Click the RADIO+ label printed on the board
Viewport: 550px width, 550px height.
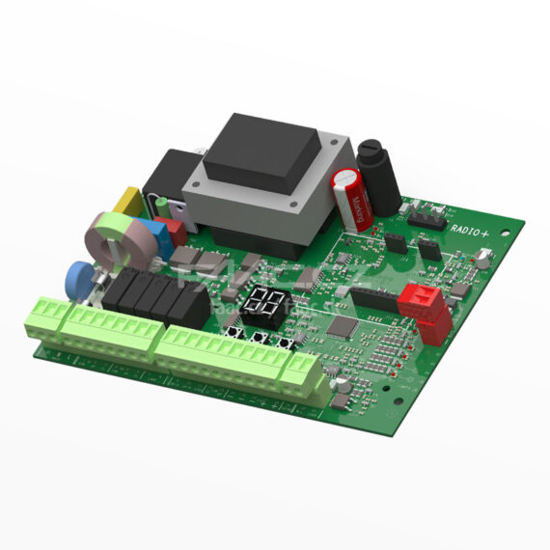(474, 228)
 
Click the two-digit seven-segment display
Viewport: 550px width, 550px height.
(263, 303)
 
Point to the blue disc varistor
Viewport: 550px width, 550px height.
(78, 280)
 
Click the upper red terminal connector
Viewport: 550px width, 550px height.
(419, 296)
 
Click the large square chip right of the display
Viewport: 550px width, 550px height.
(341, 326)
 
